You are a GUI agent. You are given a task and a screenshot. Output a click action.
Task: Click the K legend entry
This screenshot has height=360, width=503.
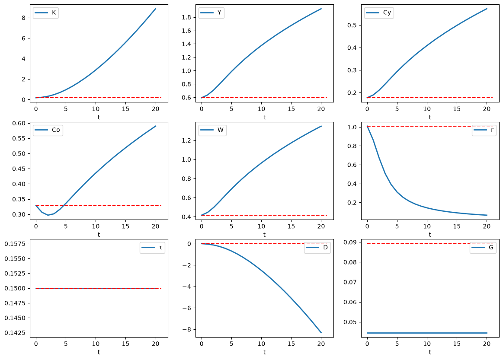coord(45,13)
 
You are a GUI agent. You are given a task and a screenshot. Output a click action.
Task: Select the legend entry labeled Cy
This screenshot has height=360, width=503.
coord(378,13)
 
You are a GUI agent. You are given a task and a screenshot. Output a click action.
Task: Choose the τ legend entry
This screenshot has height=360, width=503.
coord(152,248)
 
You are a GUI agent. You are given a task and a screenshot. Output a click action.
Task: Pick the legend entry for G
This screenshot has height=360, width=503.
coord(483,248)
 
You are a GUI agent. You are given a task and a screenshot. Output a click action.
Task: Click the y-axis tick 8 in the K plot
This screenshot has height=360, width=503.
coord(23,18)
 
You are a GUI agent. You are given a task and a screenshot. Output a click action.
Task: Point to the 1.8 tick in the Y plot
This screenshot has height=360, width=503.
coord(186,17)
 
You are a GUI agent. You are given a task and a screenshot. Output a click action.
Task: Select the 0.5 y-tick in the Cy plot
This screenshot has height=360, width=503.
coord(352,25)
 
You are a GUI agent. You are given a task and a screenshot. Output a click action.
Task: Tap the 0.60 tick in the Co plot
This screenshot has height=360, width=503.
coord(19,124)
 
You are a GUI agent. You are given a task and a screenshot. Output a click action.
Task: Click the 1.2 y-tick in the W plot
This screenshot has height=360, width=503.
coord(186,141)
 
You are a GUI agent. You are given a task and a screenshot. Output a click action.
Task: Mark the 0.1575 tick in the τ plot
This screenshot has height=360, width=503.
coord(15,244)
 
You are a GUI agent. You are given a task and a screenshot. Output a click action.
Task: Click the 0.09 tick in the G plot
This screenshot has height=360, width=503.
coord(350,242)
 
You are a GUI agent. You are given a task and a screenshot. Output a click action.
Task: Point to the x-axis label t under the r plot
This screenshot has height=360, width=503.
coord(430,235)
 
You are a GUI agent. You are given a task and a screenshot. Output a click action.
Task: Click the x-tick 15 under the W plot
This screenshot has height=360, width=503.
coord(291,226)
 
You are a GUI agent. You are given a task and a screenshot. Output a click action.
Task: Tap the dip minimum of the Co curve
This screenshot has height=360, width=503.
coord(48,215)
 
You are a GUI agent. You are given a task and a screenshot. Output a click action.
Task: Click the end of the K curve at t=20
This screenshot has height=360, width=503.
coord(156,9)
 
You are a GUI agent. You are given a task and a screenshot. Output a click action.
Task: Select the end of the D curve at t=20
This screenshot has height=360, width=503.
coord(321,333)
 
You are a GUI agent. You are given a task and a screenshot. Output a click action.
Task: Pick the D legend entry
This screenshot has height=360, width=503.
coord(317,248)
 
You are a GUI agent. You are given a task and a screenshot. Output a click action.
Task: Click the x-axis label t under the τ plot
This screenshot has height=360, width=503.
coord(99,352)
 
